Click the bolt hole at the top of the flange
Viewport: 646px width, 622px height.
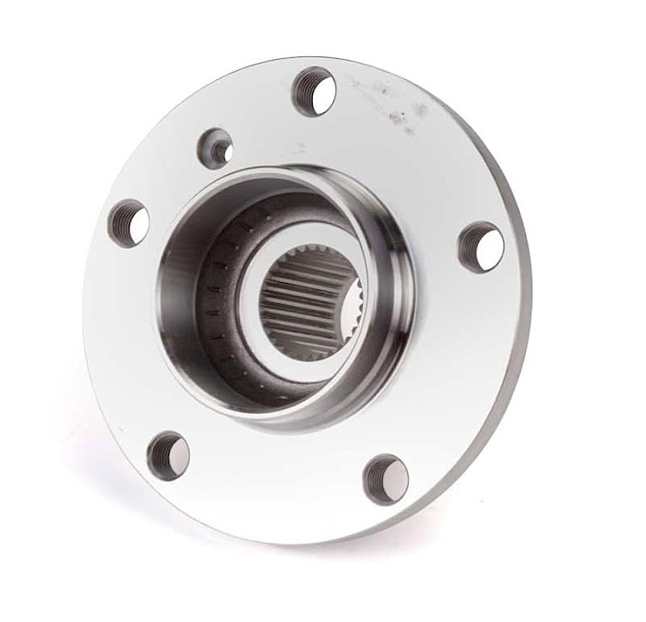(x=314, y=90)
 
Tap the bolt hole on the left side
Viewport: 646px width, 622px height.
(x=128, y=222)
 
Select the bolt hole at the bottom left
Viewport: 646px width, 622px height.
(x=168, y=454)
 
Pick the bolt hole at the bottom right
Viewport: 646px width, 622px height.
(x=386, y=478)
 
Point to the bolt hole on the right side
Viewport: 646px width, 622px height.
(x=482, y=246)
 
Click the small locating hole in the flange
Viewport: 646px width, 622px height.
(x=217, y=148)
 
